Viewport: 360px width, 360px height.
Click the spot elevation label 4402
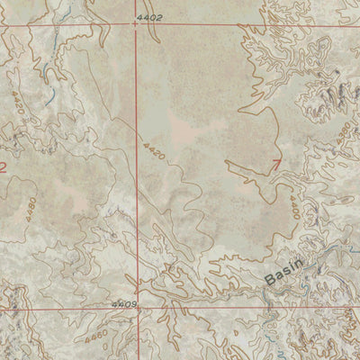pos(151,18)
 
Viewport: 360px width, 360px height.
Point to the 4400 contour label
pos(293,210)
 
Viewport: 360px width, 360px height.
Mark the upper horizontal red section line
pos(225,26)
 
